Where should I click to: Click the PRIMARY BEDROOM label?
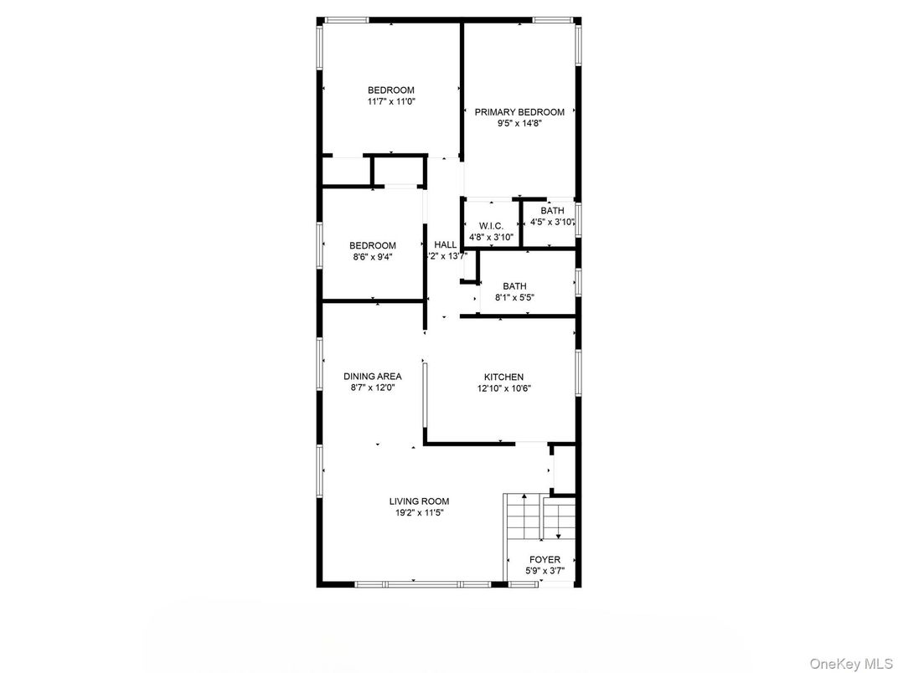click(x=519, y=111)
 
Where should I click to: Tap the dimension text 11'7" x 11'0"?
click(x=390, y=101)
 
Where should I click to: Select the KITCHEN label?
click(x=503, y=378)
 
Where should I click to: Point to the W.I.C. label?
click(x=491, y=227)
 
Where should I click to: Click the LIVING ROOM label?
click(x=419, y=501)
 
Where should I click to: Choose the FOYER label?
click(x=544, y=560)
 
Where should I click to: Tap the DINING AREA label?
click(x=372, y=377)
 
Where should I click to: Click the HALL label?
click(x=446, y=245)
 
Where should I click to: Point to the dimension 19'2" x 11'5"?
click(x=419, y=512)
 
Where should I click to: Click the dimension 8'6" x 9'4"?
click(x=372, y=256)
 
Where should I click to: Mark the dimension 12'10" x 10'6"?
click(x=504, y=388)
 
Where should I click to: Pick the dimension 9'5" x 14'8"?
click(x=519, y=122)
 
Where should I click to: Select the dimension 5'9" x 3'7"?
click(x=544, y=571)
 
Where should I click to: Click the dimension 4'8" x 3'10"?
click(x=491, y=238)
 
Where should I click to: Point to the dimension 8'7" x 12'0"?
click(x=372, y=388)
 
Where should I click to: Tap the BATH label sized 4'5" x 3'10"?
click(x=552, y=211)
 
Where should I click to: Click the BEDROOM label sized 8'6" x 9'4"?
click(x=372, y=245)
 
